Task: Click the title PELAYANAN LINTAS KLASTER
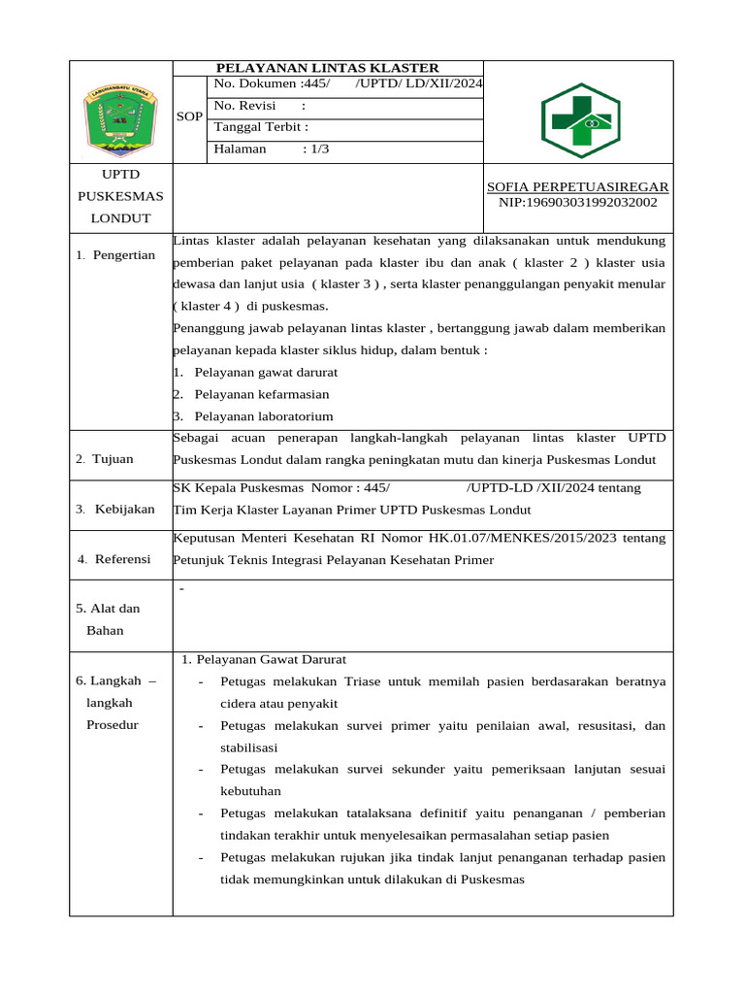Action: coord(327,68)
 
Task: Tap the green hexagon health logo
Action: coord(579,121)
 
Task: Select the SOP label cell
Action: coord(190,116)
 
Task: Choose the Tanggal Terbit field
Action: coord(261,127)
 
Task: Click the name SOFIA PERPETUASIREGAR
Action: coord(577,186)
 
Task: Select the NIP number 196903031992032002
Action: coord(577,202)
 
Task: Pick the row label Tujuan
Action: coord(113,459)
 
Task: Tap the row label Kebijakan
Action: coord(124,510)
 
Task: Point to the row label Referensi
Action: coord(122,559)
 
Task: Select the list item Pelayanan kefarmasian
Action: coord(261,394)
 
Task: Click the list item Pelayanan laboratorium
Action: coord(263,416)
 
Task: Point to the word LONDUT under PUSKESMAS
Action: coord(121,218)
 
